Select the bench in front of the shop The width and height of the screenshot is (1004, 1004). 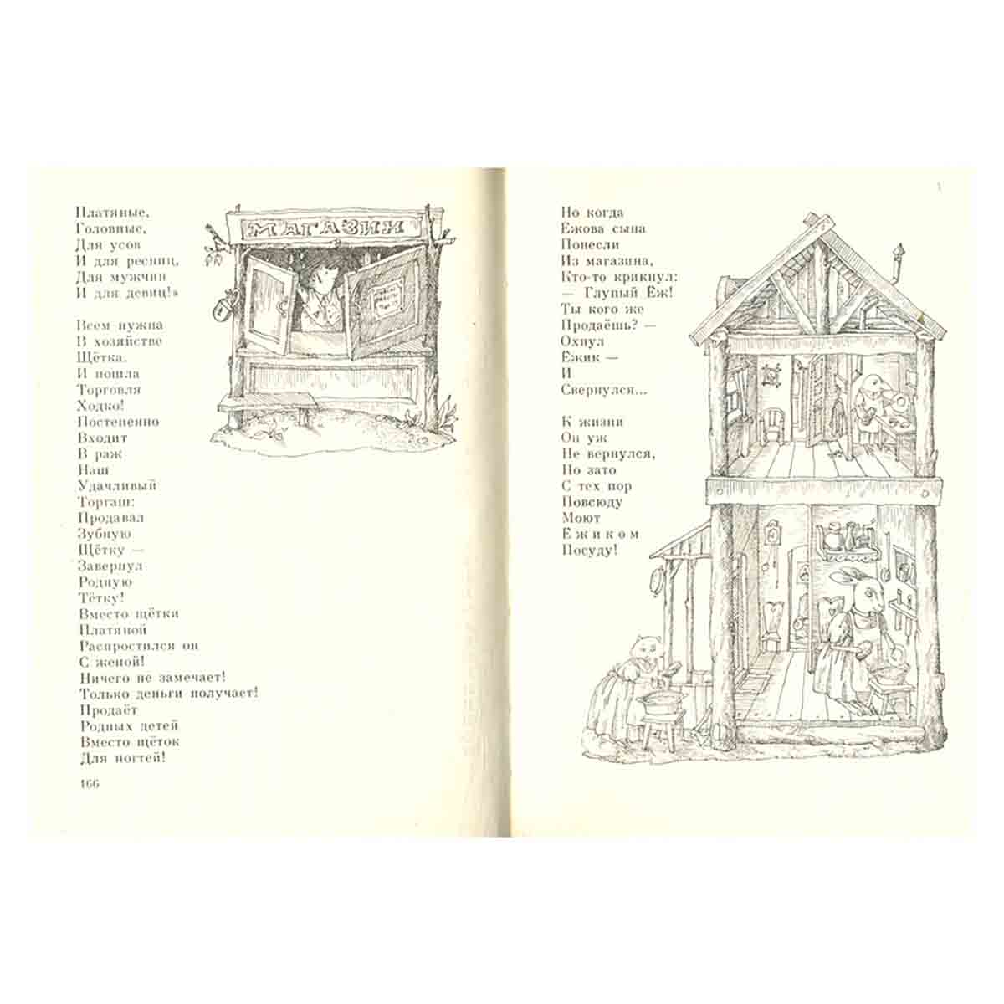pyautogui.click(x=266, y=405)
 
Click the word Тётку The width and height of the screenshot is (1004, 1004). pyautogui.click(x=101, y=597)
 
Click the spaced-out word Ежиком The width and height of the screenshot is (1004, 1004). pyautogui.click(x=600, y=534)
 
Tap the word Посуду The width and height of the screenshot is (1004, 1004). pyautogui.click(x=589, y=551)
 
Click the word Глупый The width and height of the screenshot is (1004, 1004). pyautogui.click(x=612, y=294)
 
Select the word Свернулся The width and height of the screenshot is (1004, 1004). pyautogui.click(x=604, y=390)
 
